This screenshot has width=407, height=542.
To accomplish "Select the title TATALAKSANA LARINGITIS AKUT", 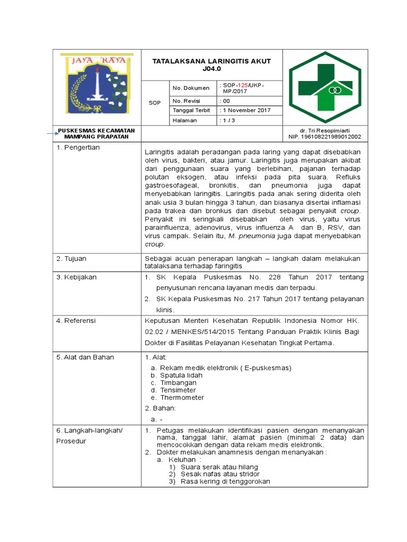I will coord(211,61).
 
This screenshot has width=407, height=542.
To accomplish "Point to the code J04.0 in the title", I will coord(211,69).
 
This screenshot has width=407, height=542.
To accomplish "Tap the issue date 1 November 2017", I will coord(246,111).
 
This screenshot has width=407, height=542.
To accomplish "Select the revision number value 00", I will coord(226,101).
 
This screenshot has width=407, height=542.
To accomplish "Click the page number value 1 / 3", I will coord(228,120).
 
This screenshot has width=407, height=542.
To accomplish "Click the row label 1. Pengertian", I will coord(78,148).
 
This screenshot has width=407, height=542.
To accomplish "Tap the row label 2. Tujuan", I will coord(72,259).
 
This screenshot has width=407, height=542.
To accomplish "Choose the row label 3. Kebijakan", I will coord(76,277).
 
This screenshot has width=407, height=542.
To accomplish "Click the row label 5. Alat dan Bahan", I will coord(85,357).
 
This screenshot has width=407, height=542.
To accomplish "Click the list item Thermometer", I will coord(182,398).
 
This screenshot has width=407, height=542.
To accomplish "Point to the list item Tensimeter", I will coord(178,390).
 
